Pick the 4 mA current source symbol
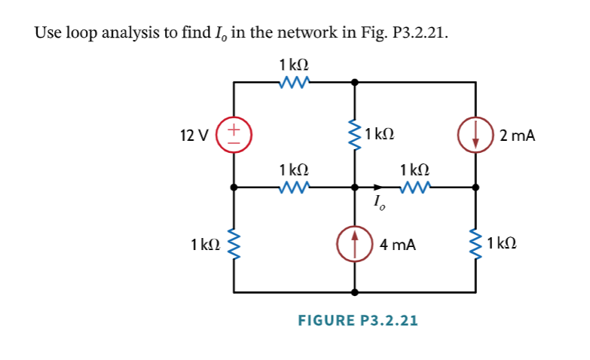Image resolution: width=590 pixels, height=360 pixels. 355,243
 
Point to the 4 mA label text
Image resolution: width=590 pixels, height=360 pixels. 398,244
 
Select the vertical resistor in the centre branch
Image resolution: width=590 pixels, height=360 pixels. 355,136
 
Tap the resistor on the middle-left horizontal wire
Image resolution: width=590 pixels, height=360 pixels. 292,186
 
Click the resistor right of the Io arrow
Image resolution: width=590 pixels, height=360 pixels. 415,186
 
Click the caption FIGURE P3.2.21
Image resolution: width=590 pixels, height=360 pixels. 358,320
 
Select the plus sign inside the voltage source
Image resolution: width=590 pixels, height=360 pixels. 234,129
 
